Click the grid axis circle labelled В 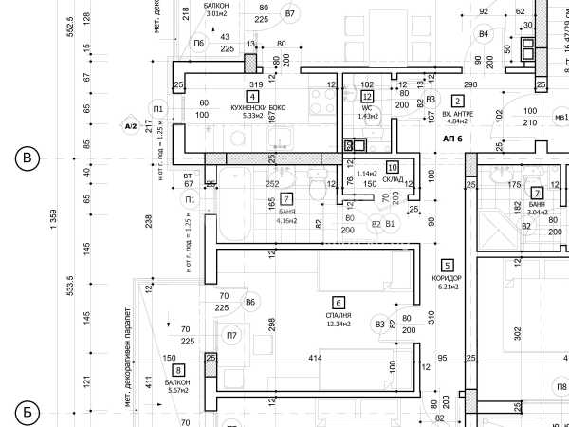pos(27,158)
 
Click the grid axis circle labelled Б pos(27,412)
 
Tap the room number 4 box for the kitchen pos(252,96)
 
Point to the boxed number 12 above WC pos(367,96)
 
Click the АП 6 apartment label pos(451,139)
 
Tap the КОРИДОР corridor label pos(446,277)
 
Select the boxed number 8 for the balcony pos(178,370)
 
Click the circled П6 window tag pos(198,44)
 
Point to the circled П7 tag pos(231,335)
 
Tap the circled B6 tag pos(250,303)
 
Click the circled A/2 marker pos(131,125)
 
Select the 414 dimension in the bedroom pos(315,357)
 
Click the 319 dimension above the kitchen pos(255,84)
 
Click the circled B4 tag pos(484,34)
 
